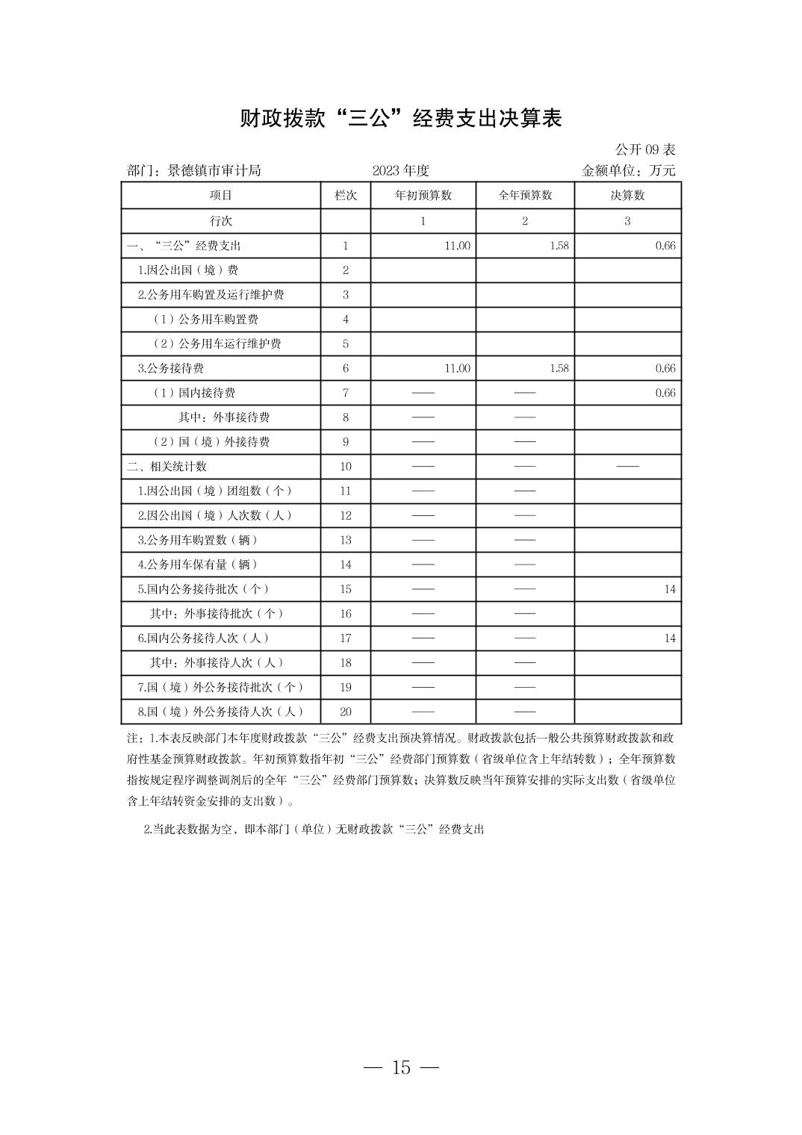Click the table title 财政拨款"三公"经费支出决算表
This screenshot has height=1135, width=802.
pyautogui.click(x=400, y=118)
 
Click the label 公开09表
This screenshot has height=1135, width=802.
pyautogui.click(x=645, y=150)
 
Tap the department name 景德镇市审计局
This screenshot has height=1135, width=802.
pyautogui.click(x=214, y=171)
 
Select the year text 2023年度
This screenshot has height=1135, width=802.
pyautogui.click(x=400, y=171)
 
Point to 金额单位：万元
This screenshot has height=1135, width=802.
pyautogui.click(x=628, y=171)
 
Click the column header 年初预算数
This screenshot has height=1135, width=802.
pyautogui.click(x=423, y=196)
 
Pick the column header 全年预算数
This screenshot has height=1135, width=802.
pyautogui.click(x=525, y=196)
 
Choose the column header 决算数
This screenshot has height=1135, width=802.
pyautogui.click(x=627, y=196)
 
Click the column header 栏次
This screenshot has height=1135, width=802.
pyautogui.click(x=345, y=196)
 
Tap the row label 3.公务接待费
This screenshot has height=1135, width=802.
pyautogui.click(x=171, y=368)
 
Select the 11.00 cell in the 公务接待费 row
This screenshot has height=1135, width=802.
pyautogui.click(x=457, y=368)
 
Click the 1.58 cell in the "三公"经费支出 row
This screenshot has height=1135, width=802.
pyautogui.click(x=559, y=246)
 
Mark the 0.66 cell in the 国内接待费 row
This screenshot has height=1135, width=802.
pyautogui.click(x=665, y=393)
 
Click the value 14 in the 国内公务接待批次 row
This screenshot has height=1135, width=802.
pyautogui.click(x=669, y=589)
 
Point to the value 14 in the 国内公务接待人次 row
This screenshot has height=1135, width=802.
pyautogui.click(x=669, y=638)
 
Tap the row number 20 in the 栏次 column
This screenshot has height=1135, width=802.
pyautogui.click(x=345, y=712)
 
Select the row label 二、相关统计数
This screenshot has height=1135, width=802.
pyautogui.click(x=167, y=467)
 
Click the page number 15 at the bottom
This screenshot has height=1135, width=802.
pyautogui.click(x=401, y=1068)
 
